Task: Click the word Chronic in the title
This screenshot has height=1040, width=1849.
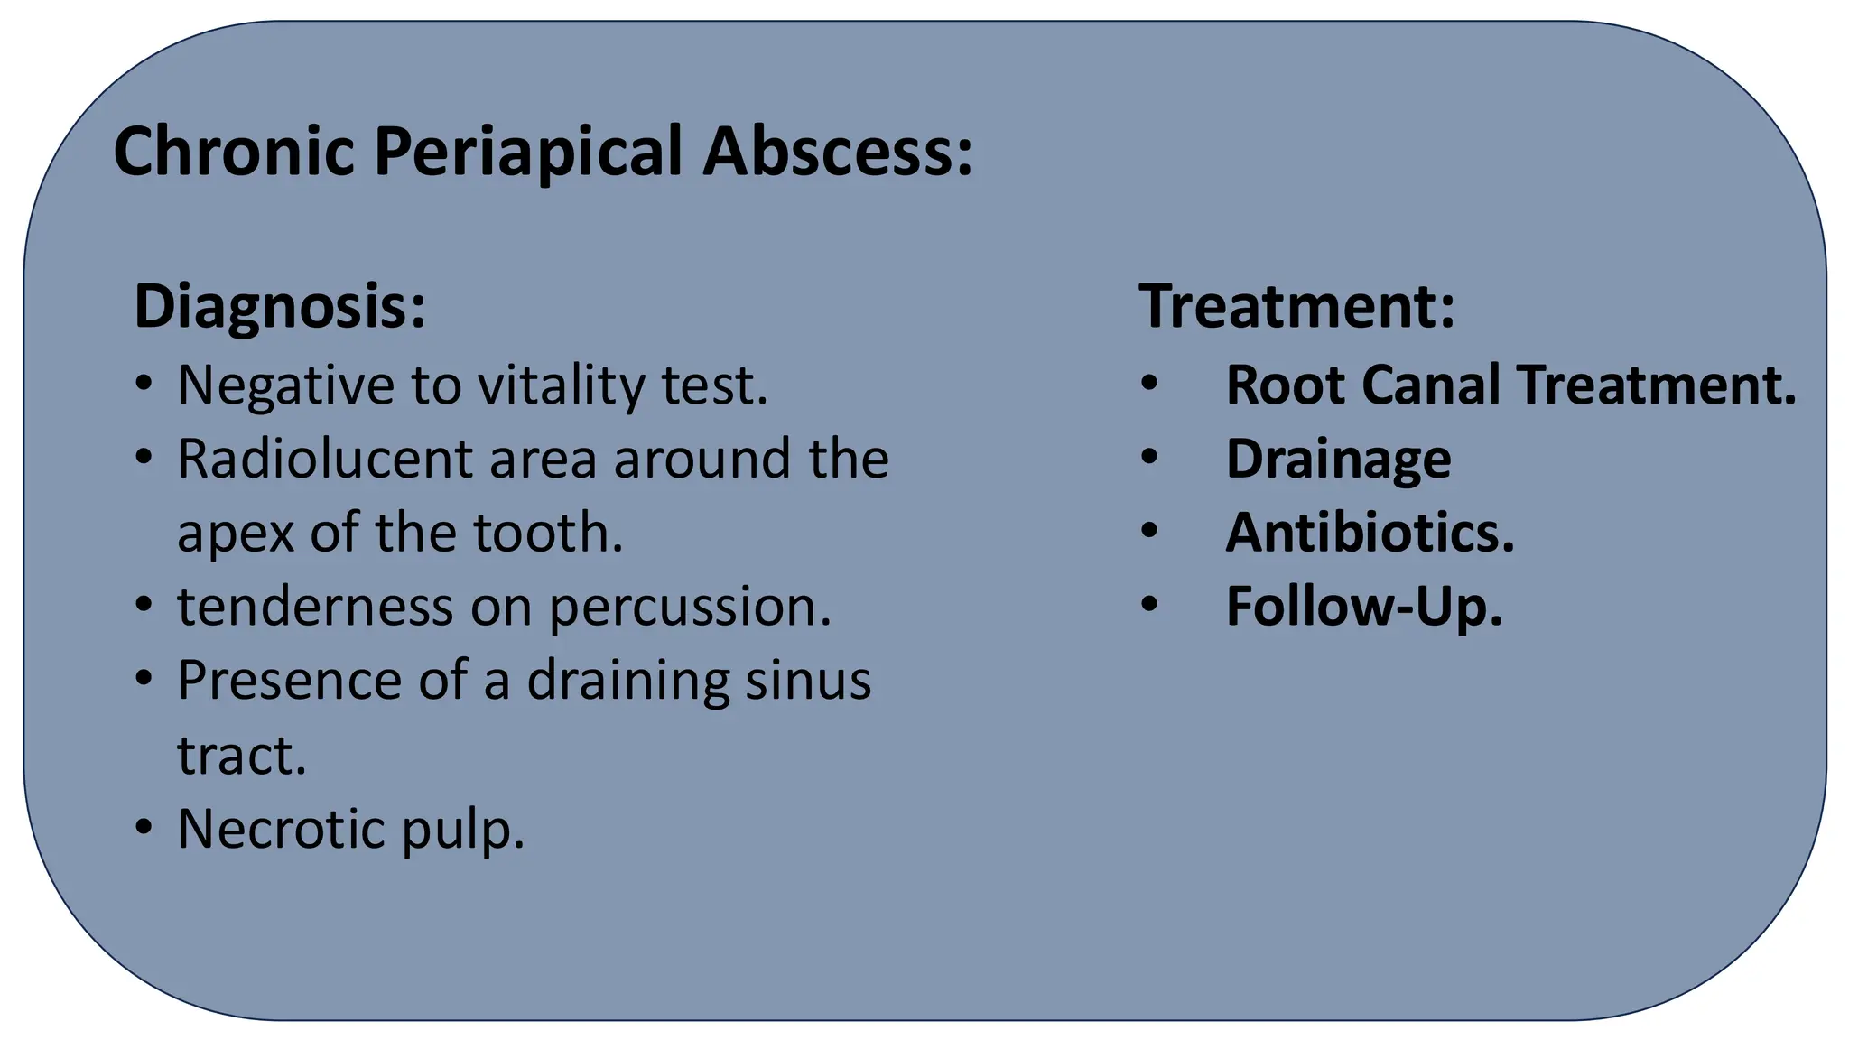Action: coord(233,151)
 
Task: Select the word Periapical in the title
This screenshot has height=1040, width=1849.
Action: coord(527,151)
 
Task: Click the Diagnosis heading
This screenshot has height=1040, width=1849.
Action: coord(279,307)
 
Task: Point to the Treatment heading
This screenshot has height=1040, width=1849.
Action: coord(1296,307)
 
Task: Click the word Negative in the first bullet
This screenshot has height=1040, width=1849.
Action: coord(285,385)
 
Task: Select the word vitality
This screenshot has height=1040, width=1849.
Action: coord(561,385)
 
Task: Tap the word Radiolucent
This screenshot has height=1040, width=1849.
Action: coord(324,459)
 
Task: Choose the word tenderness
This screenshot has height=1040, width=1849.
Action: coord(315,607)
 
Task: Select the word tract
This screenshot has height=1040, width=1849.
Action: coord(241,756)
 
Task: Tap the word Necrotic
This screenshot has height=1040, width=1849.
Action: coord(281,829)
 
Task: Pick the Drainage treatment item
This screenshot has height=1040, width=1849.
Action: coord(1338,460)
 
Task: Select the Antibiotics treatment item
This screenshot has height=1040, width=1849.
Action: coord(1369,533)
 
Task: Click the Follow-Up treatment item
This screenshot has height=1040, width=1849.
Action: coord(1363,607)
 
